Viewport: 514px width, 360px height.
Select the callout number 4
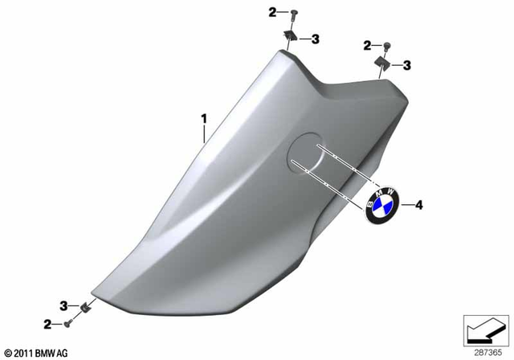point(418,206)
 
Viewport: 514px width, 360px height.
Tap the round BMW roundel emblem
point(381,206)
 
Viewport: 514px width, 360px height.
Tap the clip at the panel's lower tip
point(84,306)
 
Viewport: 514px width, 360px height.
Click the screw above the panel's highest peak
point(292,12)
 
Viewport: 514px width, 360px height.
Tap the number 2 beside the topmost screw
point(272,12)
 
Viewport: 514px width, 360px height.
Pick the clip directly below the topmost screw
point(289,37)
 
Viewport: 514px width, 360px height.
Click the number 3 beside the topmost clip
point(315,39)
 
